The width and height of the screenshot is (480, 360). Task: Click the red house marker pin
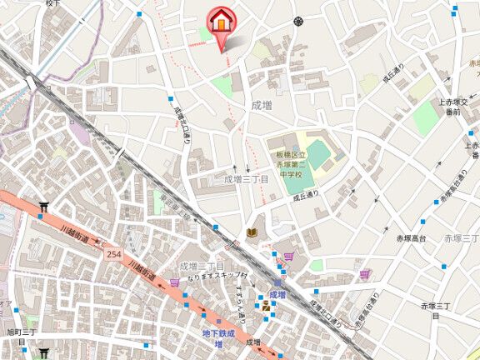(x=221, y=22)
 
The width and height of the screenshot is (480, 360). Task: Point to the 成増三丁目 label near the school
(x=247, y=179)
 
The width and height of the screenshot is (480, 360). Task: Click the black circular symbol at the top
(x=298, y=22)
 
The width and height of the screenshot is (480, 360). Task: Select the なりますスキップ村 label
(x=217, y=275)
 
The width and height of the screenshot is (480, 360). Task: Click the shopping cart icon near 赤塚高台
(x=364, y=273)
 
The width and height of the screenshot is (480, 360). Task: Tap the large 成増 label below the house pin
(x=261, y=105)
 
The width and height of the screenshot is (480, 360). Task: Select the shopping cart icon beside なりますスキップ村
(x=175, y=282)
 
